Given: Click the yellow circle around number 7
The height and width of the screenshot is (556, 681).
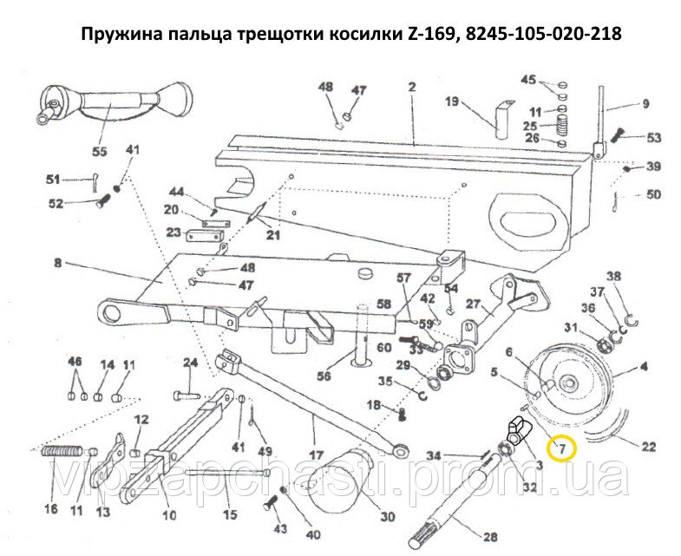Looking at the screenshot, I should point(561,448).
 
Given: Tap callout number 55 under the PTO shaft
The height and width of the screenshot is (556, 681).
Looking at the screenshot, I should point(100,152).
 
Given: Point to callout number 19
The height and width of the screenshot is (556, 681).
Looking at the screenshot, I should point(452,101).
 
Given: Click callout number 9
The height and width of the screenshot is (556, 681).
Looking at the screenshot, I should point(645,105).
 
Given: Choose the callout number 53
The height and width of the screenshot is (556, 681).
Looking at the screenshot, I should point(653,137).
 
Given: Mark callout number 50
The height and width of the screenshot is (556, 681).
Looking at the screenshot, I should point(653,195).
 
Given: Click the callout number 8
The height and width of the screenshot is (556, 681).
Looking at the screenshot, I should point(57,260).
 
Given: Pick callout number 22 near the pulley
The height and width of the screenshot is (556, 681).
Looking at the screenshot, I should point(648,448).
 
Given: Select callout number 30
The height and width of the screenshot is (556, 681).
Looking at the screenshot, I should point(387,516).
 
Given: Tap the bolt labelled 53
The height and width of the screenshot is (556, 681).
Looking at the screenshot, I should point(619,136).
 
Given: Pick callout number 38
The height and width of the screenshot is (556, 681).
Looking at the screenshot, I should point(614,278).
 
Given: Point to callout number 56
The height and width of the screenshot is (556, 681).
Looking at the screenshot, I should point(324,376).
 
